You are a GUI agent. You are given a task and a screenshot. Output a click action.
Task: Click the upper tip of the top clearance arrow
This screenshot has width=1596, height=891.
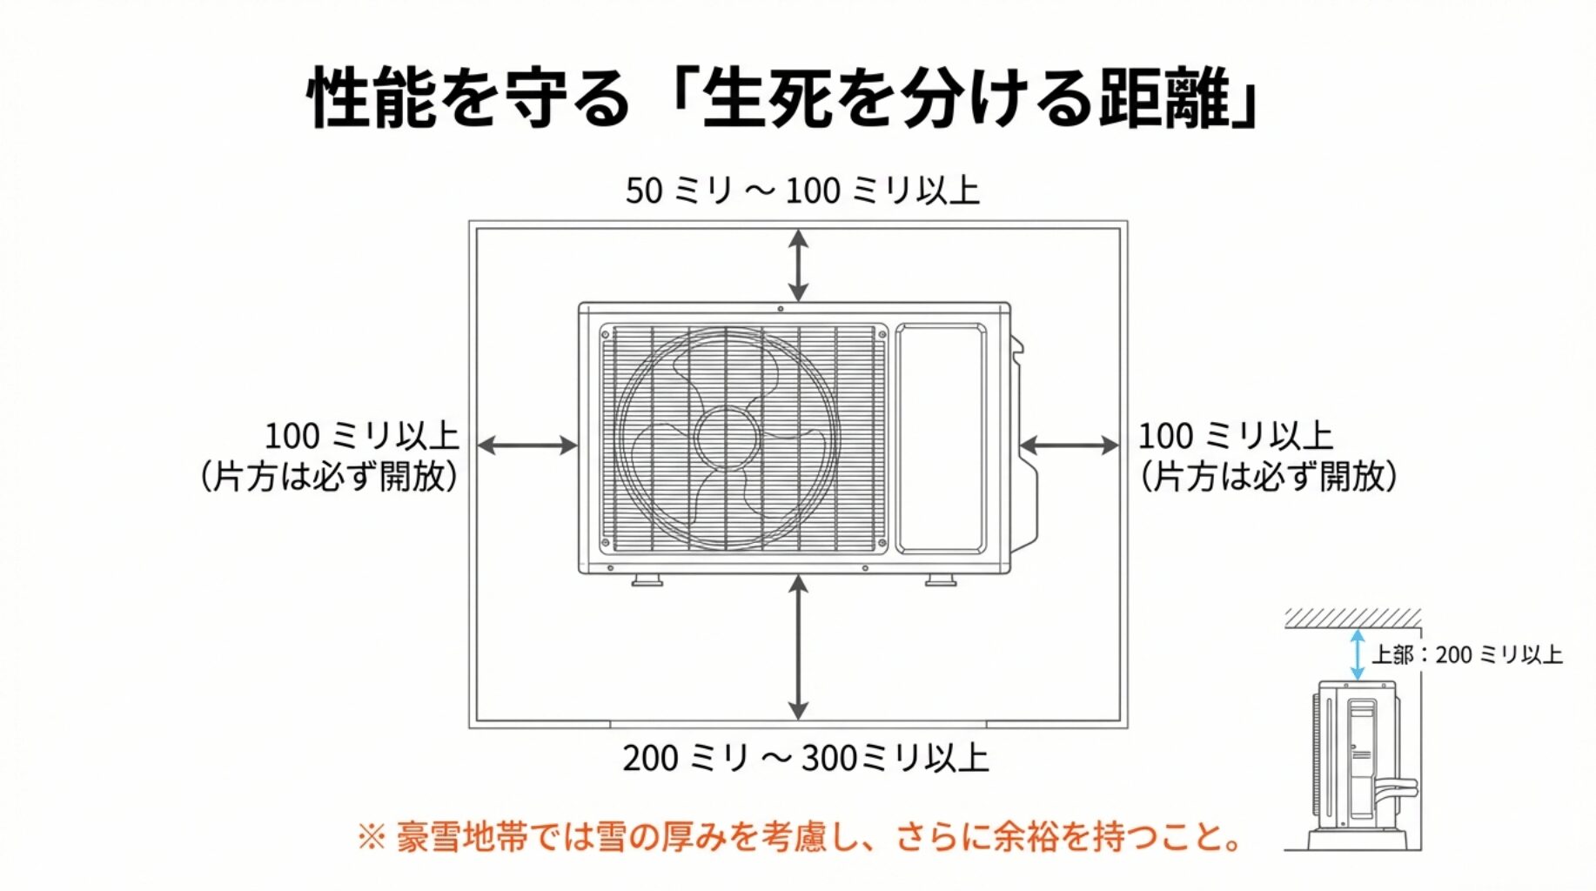point(798,231)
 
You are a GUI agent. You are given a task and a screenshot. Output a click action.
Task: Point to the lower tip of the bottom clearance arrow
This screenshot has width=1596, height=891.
point(798,720)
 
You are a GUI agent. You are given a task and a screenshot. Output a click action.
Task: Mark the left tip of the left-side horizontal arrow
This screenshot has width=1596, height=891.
point(479,445)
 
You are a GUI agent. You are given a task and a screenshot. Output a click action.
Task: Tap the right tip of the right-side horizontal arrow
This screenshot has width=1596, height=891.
point(1119,445)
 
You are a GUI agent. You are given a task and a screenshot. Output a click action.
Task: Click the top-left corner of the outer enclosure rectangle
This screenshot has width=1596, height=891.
point(470,222)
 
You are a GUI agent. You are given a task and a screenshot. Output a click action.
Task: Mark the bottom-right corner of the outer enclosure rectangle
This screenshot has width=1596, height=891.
point(1128,727)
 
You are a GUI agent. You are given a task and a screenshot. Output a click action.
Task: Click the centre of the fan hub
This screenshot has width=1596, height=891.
point(728,438)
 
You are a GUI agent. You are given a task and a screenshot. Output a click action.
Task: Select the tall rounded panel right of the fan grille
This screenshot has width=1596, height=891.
point(941,439)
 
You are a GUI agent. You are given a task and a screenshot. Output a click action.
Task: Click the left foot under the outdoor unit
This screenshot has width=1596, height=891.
point(647,579)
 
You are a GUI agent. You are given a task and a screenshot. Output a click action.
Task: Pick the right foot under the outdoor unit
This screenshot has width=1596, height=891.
point(941,579)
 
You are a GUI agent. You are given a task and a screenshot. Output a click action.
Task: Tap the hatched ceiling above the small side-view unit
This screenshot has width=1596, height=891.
point(1352,619)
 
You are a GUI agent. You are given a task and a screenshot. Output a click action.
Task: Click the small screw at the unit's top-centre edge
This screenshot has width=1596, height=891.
point(781,308)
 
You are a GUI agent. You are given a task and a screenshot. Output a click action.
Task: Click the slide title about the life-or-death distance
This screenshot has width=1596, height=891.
point(784,97)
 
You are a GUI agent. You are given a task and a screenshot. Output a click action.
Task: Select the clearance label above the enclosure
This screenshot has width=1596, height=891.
point(802,191)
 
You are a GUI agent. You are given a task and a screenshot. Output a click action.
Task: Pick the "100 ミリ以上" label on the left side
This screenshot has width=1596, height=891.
point(362,436)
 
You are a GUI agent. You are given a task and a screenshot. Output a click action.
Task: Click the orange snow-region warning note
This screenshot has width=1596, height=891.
point(799,837)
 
